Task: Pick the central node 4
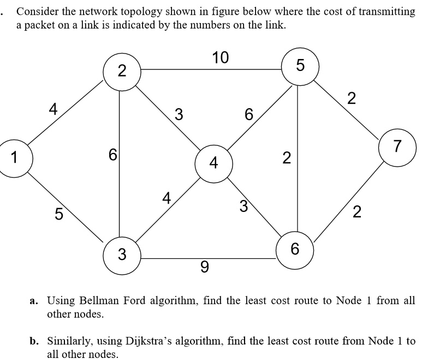coord(213,163)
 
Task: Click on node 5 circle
coord(299,67)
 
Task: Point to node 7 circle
coord(397,146)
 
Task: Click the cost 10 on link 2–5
coord(221,57)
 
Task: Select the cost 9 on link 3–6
coord(204,267)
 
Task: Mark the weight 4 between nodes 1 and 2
coord(53,109)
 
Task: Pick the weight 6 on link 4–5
coord(249,115)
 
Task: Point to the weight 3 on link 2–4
coord(178,115)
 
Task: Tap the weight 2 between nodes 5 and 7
coord(352,99)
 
